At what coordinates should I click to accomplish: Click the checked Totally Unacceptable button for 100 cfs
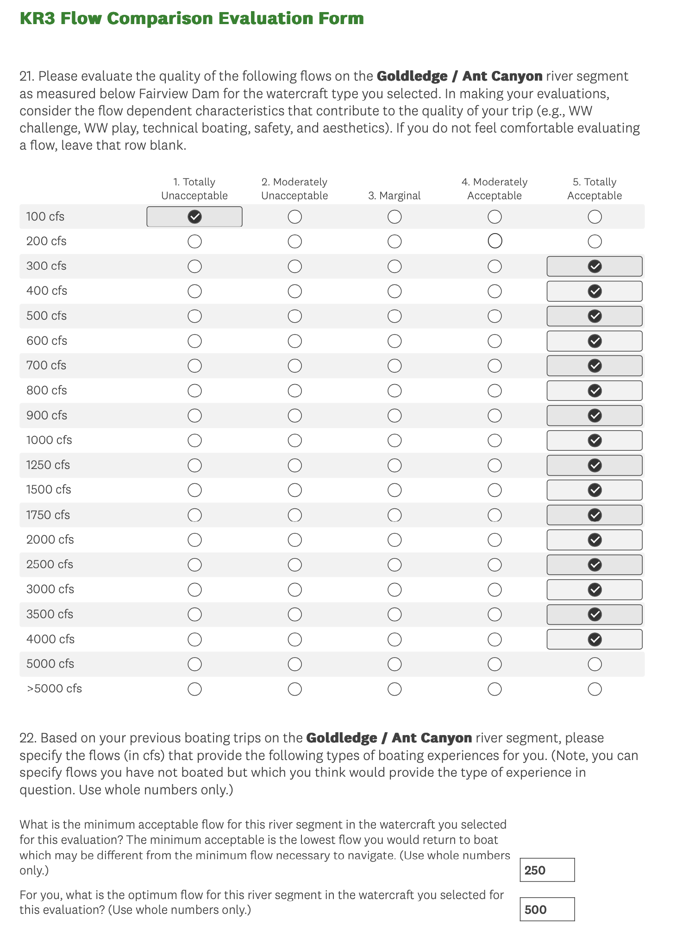pos(194,216)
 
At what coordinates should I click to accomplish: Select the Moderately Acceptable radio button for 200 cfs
pos(494,241)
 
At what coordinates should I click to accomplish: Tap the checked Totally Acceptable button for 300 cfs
pos(595,266)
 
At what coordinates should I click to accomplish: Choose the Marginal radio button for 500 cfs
pos(394,316)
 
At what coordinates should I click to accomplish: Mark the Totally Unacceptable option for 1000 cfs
pos(194,440)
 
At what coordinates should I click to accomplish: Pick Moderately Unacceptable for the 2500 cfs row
pos(294,564)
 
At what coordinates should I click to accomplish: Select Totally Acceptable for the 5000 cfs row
pos(595,664)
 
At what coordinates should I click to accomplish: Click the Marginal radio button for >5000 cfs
pos(394,689)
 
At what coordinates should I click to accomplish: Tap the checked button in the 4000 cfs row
pos(595,640)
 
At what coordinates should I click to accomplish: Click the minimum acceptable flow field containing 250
pos(547,870)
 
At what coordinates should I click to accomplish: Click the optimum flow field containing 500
pos(547,909)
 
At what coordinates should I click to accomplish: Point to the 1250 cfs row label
pos(48,465)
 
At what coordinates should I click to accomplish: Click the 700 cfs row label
pos(46,365)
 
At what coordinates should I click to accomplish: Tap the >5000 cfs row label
pos(54,689)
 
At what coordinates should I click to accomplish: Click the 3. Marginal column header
pos(394,196)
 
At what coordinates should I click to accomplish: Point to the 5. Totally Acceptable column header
pos(595,189)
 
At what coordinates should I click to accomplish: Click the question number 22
pos(27,738)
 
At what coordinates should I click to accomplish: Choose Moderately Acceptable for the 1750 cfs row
pos(494,515)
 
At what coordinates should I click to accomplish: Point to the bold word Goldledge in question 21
pos(412,76)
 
